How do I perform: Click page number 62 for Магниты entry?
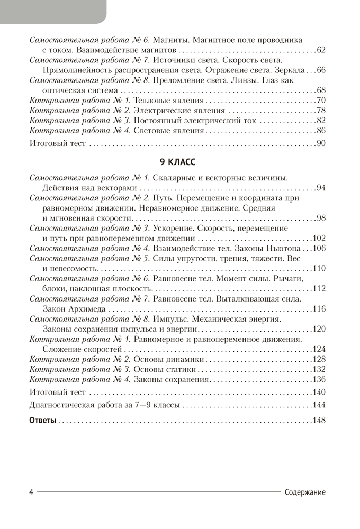pos(321,51)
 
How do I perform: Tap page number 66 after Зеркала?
pos(321,70)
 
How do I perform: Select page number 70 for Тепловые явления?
pos(321,101)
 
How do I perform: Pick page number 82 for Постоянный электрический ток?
pos(321,121)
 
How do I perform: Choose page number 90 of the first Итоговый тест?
pos(321,144)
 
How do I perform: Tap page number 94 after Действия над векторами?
pos(321,188)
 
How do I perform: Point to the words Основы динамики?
pos(168,359)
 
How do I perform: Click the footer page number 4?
pos(32,492)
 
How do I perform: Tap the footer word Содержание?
pos(305,492)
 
